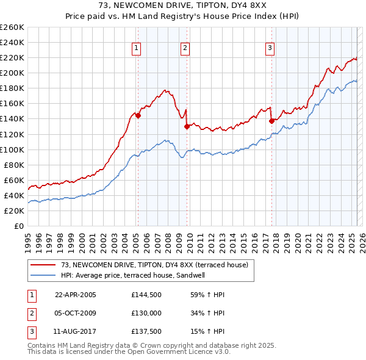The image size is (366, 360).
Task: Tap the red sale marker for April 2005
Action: [x=138, y=115]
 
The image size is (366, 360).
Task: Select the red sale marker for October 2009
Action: [x=187, y=126]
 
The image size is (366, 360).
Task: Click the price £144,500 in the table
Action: [x=146, y=295]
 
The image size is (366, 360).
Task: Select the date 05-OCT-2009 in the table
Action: [x=76, y=314]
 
